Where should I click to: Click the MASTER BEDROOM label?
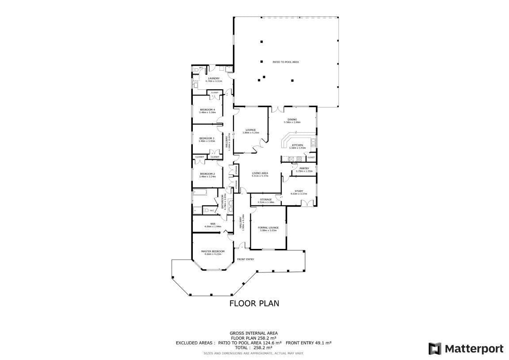(213, 251)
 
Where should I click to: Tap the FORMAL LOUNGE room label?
(268, 227)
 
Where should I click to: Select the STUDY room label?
(299, 191)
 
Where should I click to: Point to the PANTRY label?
(304, 168)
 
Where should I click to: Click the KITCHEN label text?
(297, 145)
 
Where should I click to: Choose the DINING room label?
(292, 119)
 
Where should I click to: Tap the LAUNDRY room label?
(214, 78)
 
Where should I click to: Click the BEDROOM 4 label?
(207, 110)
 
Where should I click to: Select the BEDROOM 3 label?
(207, 138)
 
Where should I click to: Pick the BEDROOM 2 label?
(207, 174)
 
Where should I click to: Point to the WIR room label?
(213, 224)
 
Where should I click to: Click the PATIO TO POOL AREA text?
(286, 62)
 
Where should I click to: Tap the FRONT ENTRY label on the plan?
(245, 259)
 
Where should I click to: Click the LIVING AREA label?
(260, 173)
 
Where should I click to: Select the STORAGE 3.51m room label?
(266, 199)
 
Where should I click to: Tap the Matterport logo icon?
(435, 349)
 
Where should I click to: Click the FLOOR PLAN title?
(254, 303)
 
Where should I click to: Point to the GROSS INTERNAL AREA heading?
(253, 333)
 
